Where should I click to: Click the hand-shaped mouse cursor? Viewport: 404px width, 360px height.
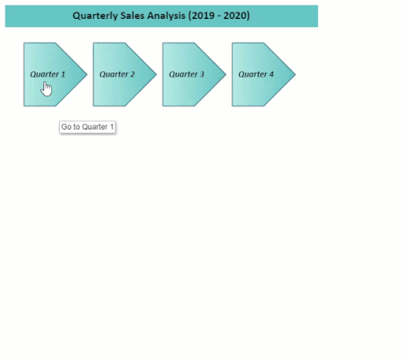tap(47, 89)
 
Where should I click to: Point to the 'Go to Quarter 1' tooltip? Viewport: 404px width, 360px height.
tap(88, 127)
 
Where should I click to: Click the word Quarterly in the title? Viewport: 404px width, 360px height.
tap(95, 16)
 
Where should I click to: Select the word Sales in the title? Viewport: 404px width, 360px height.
tap(133, 16)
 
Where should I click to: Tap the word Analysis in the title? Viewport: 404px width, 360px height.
tap(166, 16)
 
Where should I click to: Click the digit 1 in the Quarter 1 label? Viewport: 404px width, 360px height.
tap(63, 74)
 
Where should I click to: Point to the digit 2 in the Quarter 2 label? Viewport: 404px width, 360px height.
tap(133, 74)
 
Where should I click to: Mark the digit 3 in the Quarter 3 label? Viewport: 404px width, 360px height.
tap(202, 74)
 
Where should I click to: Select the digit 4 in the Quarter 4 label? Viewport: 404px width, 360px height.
tap(271, 74)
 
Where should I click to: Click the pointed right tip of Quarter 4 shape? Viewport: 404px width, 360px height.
tap(295, 74)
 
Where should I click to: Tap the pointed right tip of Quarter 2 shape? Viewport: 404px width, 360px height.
tap(156, 74)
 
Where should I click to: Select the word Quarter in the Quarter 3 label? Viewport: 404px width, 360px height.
tap(183, 74)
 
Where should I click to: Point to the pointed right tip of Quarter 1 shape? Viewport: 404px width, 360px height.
tap(87, 74)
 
